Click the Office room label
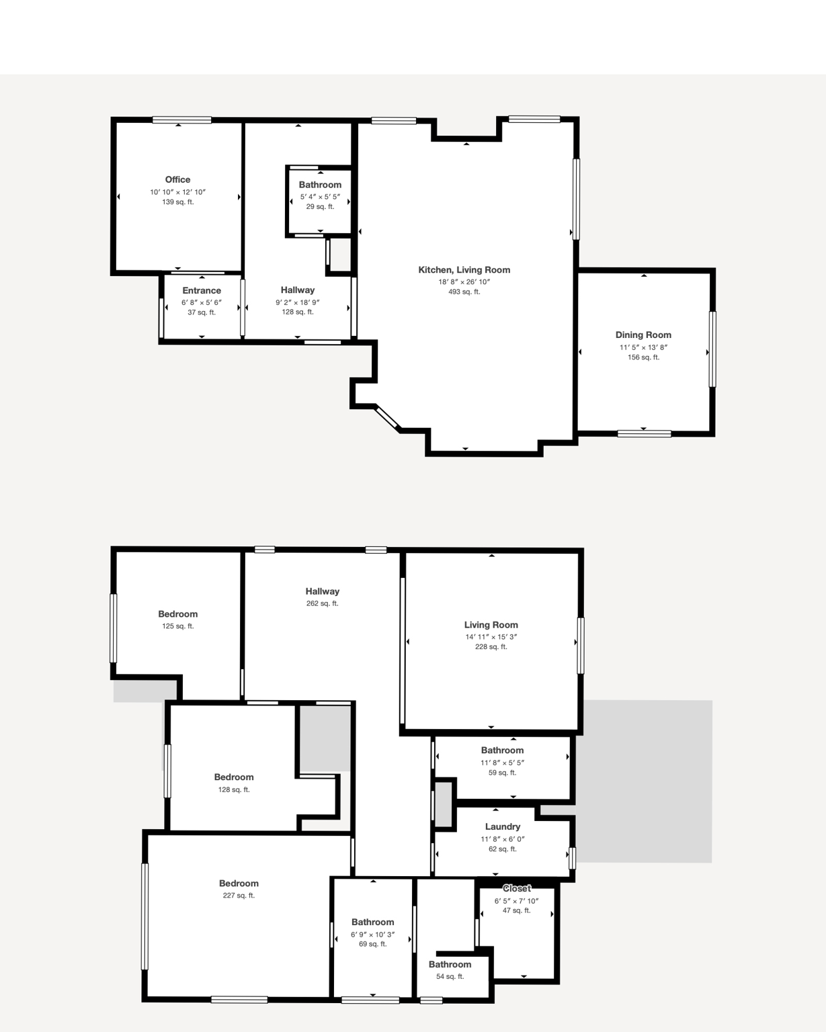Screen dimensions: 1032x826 [x=177, y=179]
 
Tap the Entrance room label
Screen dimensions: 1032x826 [x=202, y=290]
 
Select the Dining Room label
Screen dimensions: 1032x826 [x=643, y=335]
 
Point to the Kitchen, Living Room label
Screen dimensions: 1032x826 [x=464, y=269]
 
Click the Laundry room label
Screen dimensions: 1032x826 [x=502, y=826]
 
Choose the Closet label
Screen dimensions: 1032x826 [x=516, y=888]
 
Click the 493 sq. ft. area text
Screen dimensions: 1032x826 [x=464, y=292]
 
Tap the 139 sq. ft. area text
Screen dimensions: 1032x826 [x=177, y=202]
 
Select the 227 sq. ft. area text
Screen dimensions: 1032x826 [x=239, y=896]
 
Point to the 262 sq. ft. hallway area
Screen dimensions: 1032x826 [x=322, y=603]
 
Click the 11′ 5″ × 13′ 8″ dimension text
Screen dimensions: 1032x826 [x=643, y=347]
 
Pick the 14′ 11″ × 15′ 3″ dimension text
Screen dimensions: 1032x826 [x=491, y=637]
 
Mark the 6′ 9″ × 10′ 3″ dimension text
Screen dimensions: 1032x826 [x=372, y=935]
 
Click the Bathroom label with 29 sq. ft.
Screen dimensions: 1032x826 [x=320, y=185]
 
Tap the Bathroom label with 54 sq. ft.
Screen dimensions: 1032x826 [x=450, y=964]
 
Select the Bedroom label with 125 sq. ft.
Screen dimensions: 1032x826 [x=177, y=613]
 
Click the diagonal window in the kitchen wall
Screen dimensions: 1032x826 [x=387, y=417]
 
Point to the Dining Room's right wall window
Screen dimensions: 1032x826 [x=712, y=349]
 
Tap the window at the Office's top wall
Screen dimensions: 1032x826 [x=181, y=120]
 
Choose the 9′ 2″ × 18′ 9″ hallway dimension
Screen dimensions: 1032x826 [x=297, y=302]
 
